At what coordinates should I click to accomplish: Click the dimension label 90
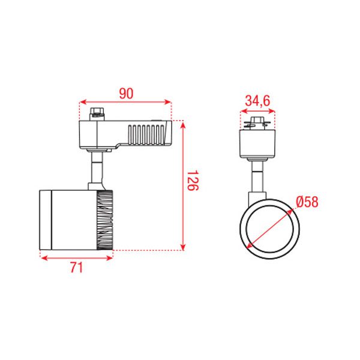[x=126, y=94]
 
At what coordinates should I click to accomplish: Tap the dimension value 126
[x=193, y=180]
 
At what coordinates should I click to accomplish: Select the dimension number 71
[x=76, y=268]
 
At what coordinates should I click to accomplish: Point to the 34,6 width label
[x=257, y=101]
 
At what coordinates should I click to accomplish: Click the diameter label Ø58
[x=307, y=202]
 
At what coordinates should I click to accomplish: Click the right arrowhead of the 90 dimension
[x=168, y=102]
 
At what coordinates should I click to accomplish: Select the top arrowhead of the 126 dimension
[x=183, y=125]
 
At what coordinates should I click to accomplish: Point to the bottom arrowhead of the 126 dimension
[x=183, y=247]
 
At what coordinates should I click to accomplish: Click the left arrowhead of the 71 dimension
[x=44, y=258]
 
